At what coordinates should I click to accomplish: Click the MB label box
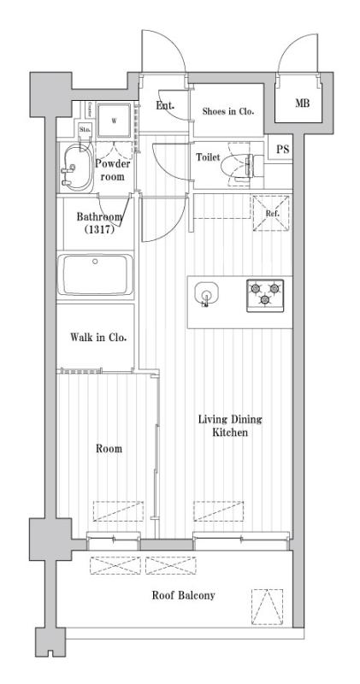[302, 104]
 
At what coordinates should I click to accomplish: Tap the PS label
[282, 150]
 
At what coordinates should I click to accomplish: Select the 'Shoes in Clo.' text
[227, 110]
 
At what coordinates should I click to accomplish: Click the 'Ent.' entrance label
[165, 106]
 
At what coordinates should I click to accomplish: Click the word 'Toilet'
[209, 158]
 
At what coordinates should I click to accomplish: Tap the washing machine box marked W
[112, 121]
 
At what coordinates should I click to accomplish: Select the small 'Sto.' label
[85, 130]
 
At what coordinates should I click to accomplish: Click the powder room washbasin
[78, 168]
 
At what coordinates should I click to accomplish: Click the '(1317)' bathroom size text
[99, 230]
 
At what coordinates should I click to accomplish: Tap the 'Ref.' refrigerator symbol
[271, 213]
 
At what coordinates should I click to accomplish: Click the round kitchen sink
[206, 294]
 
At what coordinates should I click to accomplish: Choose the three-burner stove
[265, 295]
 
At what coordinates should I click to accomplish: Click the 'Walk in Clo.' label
[98, 338]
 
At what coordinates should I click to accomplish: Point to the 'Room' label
[109, 448]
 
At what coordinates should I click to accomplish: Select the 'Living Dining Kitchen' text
[230, 427]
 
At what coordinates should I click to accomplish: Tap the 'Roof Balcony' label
[183, 595]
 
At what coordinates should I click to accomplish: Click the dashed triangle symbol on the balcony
[267, 606]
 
